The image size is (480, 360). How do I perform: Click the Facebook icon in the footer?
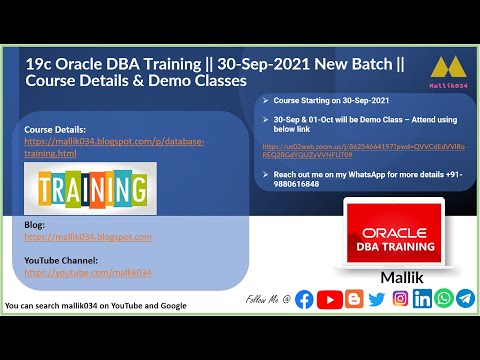click(304, 299)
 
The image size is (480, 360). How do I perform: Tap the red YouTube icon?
click(328, 299)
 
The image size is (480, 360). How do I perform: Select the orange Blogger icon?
click(353, 299)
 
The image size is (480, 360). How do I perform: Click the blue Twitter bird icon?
click(376, 299)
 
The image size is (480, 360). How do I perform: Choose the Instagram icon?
click(400, 299)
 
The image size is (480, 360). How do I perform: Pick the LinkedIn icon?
click(422, 299)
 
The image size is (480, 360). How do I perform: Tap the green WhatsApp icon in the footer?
click(443, 299)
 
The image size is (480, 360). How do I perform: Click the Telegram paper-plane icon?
click(465, 299)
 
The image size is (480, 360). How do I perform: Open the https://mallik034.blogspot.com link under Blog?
click(88, 237)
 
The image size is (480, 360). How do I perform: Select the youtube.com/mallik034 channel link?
click(88, 272)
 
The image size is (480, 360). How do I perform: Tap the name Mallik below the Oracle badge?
click(393, 274)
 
